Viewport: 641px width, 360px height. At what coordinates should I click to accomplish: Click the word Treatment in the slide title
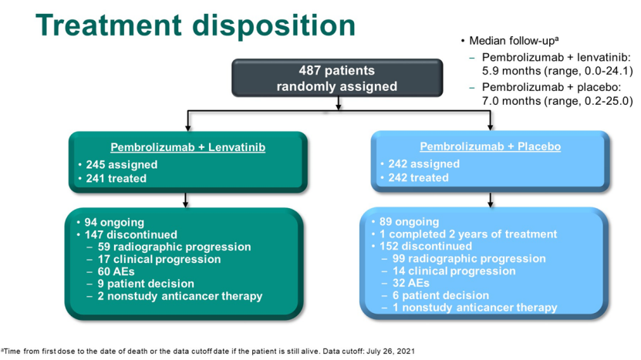tap(108, 25)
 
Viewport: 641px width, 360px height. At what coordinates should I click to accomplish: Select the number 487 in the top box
tap(309, 70)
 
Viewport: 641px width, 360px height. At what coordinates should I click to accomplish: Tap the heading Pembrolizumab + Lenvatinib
tap(187, 147)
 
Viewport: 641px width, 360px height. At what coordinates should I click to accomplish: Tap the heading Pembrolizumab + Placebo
tap(490, 146)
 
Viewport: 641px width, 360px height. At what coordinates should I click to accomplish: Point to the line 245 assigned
tap(121, 164)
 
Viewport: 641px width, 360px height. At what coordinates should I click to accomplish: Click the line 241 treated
tap(116, 178)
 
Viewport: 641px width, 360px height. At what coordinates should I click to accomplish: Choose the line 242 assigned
tap(424, 163)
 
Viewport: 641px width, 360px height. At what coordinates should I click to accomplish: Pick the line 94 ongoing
tap(114, 222)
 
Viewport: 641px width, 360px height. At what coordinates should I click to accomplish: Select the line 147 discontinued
tap(131, 234)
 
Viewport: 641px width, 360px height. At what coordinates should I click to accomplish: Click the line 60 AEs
tap(116, 271)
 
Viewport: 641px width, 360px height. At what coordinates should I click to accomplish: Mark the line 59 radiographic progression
tap(174, 247)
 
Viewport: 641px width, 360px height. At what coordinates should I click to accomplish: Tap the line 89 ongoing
tap(410, 221)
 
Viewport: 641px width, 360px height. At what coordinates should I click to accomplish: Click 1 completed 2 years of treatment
tap(468, 234)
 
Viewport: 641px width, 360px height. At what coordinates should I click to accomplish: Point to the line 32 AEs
tap(411, 283)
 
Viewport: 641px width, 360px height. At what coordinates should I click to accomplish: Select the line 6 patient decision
tap(440, 295)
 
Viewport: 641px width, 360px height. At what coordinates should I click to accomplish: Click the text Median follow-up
tap(514, 40)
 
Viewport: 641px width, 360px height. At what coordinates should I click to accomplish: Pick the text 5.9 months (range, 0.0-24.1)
tap(557, 71)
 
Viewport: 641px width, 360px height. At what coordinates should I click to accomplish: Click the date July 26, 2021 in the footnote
tap(390, 351)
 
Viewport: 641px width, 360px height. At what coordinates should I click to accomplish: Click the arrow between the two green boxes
tap(186, 200)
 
